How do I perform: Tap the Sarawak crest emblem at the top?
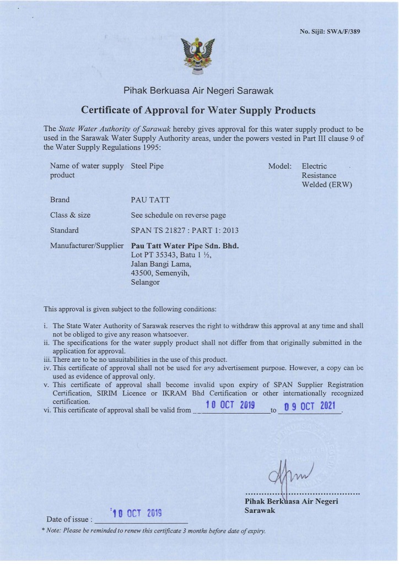pyautogui.click(x=198, y=57)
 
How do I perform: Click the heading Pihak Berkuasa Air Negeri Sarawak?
pyautogui.click(x=198, y=90)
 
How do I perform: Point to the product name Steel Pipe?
pyautogui.click(x=147, y=166)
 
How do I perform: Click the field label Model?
pyautogui.click(x=279, y=166)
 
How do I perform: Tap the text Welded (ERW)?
pyautogui.click(x=327, y=185)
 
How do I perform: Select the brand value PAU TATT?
pyautogui.click(x=146, y=200)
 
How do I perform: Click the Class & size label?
pyautogui.click(x=70, y=215)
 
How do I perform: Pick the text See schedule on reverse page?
pyautogui.click(x=178, y=215)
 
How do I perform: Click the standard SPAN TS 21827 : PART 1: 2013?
pyautogui.click(x=184, y=230)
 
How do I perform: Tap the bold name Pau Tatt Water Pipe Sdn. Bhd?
pyautogui.click(x=185, y=246)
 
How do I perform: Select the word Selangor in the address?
pyautogui.click(x=145, y=283)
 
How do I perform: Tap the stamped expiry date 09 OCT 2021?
pyautogui.click(x=309, y=407)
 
